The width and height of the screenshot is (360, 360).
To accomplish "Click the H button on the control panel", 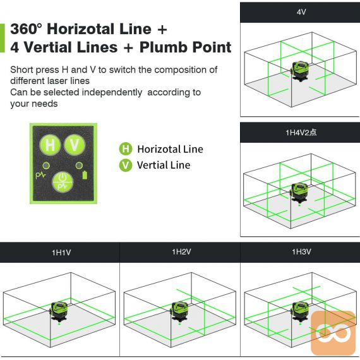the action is click(50, 145).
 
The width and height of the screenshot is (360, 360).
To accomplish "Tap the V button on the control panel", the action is click(75, 145).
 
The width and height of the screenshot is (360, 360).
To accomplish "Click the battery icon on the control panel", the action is click(85, 175).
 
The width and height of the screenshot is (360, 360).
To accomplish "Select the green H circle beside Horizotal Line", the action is click(126, 149).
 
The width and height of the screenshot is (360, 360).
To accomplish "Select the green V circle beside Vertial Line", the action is click(126, 165).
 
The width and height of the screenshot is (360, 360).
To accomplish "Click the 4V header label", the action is click(301, 12).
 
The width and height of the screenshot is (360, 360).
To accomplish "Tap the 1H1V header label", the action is click(61, 253).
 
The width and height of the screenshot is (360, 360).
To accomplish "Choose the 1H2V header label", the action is click(181, 252).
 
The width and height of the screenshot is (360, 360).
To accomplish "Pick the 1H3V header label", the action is click(301, 252).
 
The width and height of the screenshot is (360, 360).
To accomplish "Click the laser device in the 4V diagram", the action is click(299, 71).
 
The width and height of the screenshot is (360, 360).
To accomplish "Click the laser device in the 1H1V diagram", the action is click(59, 311).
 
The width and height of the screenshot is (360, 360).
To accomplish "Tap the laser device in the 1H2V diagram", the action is click(179, 311).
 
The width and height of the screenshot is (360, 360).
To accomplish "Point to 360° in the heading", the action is click(27, 29).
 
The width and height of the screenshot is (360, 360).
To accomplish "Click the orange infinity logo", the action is click(333, 333).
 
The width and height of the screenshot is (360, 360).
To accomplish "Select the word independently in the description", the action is click(112, 92).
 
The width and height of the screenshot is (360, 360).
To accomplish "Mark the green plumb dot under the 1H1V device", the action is click(59, 324).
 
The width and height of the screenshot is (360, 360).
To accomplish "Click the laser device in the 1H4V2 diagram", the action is click(299, 193).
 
